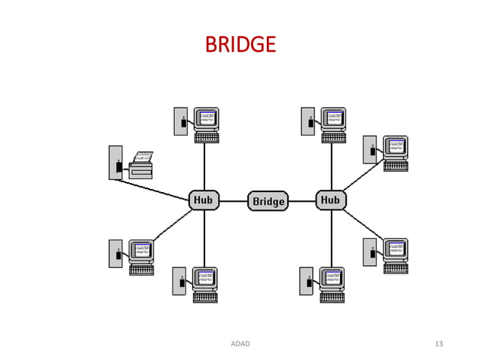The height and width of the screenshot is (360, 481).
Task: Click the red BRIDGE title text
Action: click(x=240, y=45)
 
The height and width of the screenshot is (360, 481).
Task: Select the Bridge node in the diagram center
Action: click(x=268, y=201)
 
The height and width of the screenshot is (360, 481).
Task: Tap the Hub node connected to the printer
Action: click(x=204, y=200)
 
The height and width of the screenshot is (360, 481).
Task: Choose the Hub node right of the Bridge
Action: click(x=330, y=200)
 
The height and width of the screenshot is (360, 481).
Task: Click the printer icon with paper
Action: click(x=141, y=165)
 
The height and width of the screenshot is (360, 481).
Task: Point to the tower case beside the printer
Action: click(x=115, y=163)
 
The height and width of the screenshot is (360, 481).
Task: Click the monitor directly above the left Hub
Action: click(x=207, y=119)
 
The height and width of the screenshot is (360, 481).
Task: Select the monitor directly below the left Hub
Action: click(x=205, y=278)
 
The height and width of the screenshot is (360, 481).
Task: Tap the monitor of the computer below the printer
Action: click(x=142, y=251)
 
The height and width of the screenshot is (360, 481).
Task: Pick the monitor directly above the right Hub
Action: click(x=334, y=119)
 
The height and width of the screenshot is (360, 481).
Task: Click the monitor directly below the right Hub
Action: click(x=332, y=278)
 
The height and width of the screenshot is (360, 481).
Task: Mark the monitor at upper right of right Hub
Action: click(x=396, y=147)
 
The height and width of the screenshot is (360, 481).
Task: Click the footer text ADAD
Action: click(x=240, y=344)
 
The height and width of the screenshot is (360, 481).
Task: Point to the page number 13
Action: click(x=439, y=344)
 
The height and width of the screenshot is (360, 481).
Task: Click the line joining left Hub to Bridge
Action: click(x=234, y=201)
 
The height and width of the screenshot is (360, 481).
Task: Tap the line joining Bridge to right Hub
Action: click(x=302, y=201)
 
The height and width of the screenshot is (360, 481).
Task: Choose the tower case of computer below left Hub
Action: click(x=179, y=281)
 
